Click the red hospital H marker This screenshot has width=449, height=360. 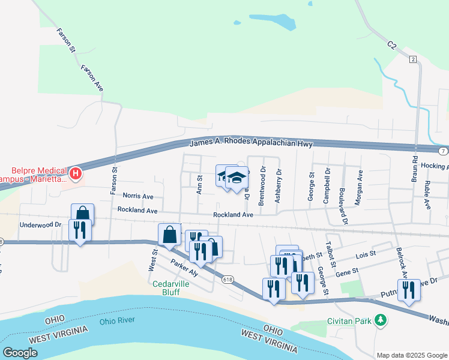click(x=76, y=174)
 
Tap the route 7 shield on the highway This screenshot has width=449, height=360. click(x=442, y=150)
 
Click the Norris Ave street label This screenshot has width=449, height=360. click(x=138, y=196)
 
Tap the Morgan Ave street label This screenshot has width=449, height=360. click(x=358, y=188)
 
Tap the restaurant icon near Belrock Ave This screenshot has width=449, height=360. click(x=409, y=290)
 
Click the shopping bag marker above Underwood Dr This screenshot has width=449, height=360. click(x=83, y=214)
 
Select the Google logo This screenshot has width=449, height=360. click(x=20, y=352)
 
